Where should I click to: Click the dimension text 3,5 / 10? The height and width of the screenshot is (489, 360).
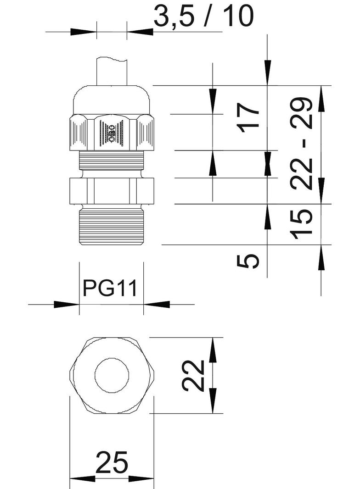tap(203, 17)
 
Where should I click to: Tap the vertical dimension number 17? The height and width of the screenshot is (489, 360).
tap(249, 117)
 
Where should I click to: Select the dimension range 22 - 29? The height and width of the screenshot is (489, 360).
tap(303, 144)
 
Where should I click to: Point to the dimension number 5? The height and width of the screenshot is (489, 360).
tap(248, 261)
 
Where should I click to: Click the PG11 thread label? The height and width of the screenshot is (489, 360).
tap(110, 289)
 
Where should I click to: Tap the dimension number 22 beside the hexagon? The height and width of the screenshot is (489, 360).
tap(193, 375)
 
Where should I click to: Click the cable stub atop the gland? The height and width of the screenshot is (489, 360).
tap(112, 71)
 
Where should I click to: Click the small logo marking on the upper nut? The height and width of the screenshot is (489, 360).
tap(112, 133)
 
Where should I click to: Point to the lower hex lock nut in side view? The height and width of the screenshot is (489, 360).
tap(112, 190)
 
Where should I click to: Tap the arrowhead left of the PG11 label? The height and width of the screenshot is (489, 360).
tap(67, 304)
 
